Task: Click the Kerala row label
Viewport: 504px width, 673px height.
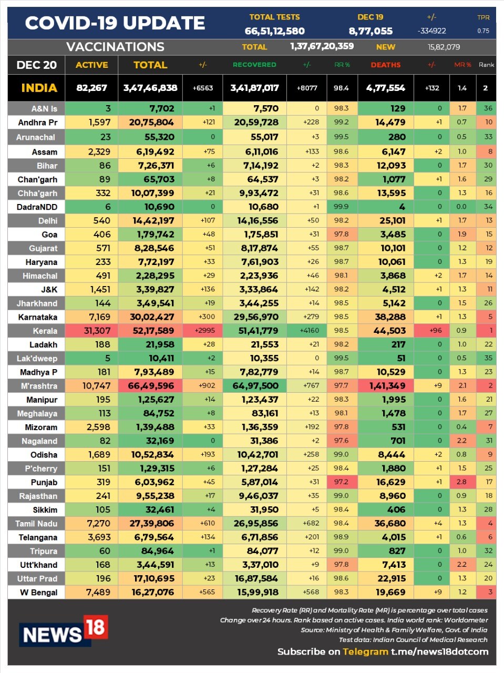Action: click(45, 331)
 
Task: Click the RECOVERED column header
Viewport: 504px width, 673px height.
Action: click(254, 65)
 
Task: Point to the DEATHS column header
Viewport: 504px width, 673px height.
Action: click(385, 65)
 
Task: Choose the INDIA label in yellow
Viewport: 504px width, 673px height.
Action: click(39, 88)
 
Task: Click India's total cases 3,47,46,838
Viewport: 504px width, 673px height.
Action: click(150, 88)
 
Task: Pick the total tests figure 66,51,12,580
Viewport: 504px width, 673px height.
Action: click(274, 31)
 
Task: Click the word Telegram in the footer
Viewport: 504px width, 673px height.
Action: click(365, 651)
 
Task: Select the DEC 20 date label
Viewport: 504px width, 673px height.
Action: click(36, 65)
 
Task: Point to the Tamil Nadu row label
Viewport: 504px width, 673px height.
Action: click(36, 524)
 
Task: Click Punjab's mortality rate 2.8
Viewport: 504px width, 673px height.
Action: click(461, 482)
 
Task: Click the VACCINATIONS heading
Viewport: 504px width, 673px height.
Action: click(115, 47)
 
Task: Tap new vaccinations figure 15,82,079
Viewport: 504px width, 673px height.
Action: click(444, 47)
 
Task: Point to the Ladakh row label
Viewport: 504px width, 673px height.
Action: click(43, 345)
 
